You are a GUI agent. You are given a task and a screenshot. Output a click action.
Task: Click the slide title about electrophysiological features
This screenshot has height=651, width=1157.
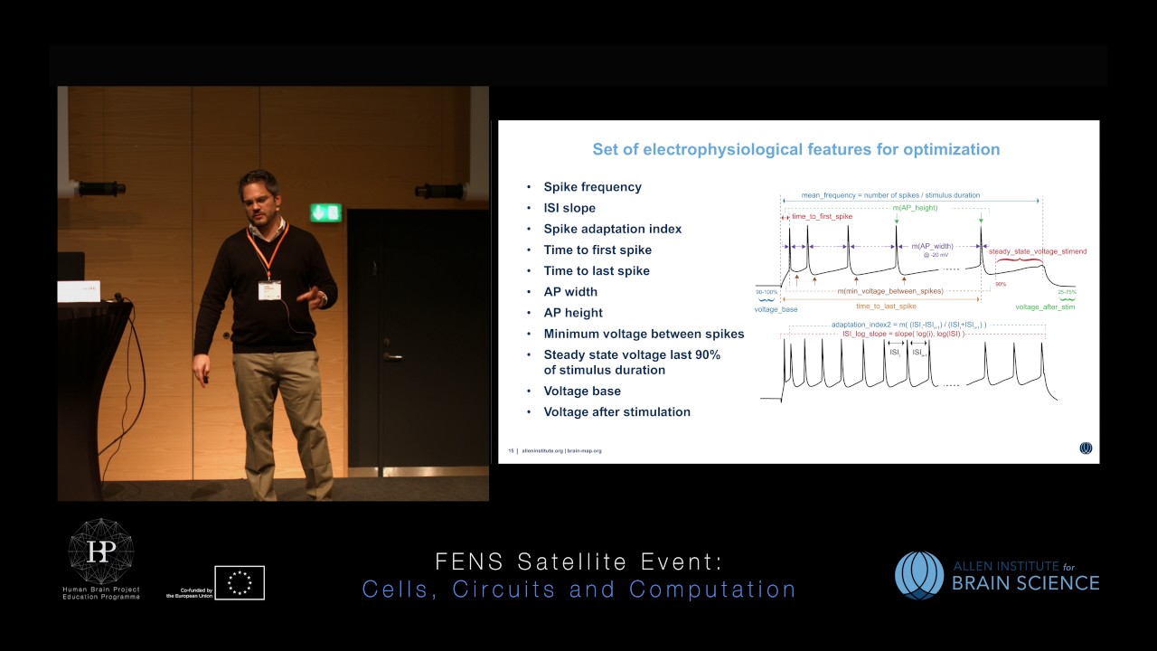tap(795, 149)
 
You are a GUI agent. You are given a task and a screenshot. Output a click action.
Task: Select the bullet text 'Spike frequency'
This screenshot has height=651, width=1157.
tap(592, 187)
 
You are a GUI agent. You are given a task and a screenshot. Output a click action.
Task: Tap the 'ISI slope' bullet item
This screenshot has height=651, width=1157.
tap(569, 208)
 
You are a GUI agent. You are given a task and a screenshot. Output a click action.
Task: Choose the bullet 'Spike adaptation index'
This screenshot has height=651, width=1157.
tap(612, 229)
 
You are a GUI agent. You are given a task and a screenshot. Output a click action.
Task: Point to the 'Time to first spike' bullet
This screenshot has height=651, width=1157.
tap(597, 250)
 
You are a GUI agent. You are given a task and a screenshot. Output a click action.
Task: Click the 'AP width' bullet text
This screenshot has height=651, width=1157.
tap(570, 291)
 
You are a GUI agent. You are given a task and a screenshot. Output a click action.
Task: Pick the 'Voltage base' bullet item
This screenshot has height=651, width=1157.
tap(582, 391)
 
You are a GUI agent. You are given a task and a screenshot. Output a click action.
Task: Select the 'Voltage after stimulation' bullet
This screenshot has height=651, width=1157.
tap(616, 411)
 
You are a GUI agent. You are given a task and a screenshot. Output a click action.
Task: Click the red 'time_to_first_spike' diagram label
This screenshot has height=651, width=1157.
tap(822, 217)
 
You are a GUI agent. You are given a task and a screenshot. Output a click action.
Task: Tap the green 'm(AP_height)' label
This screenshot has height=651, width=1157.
tap(915, 208)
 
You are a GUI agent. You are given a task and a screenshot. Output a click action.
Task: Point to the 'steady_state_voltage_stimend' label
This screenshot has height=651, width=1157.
tap(1038, 251)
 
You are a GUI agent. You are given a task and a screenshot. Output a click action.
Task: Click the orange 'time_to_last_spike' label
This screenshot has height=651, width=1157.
tap(885, 307)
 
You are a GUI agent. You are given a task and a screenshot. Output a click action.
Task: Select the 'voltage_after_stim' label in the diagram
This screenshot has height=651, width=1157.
tap(1045, 307)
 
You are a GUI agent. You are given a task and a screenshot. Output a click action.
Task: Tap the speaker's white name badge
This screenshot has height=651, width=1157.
tap(269, 290)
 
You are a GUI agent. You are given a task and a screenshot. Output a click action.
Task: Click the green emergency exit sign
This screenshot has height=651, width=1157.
tap(325, 212)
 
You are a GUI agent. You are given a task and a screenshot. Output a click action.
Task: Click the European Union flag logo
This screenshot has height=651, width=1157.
tap(240, 582)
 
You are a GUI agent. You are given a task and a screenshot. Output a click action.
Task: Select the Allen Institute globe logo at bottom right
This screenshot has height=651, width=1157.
tap(919, 575)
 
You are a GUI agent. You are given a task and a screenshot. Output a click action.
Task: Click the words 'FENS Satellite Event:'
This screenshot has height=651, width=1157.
tap(578, 562)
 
